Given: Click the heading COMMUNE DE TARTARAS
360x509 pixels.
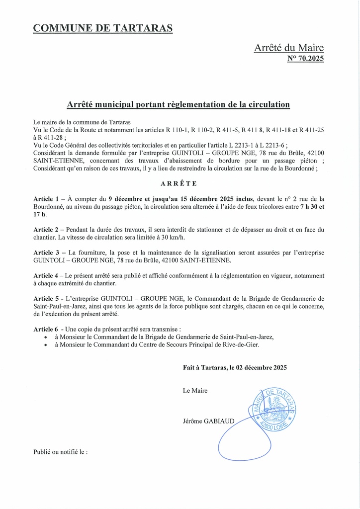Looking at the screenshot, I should pyautogui.click(x=103, y=28).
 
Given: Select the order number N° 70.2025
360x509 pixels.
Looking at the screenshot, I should pyautogui.click(x=305, y=59).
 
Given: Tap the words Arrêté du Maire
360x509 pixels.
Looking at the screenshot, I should pyautogui.click(x=288, y=48).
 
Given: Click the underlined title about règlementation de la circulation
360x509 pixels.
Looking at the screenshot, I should pyautogui.click(x=178, y=105).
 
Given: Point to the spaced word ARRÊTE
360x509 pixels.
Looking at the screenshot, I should pyautogui.click(x=179, y=183).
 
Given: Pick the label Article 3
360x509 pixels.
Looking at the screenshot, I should pyautogui.click(x=47, y=253).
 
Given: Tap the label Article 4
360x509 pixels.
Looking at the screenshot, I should pyautogui.click(x=47, y=275).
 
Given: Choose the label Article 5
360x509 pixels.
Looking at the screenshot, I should pyautogui.click(x=47, y=298).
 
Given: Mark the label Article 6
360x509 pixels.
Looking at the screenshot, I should pyautogui.click(x=47, y=329).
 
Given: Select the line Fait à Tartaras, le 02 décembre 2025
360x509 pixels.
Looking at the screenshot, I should pyautogui.click(x=235, y=368).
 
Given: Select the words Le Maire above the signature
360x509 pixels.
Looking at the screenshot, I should pyautogui.click(x=195, y=391).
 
